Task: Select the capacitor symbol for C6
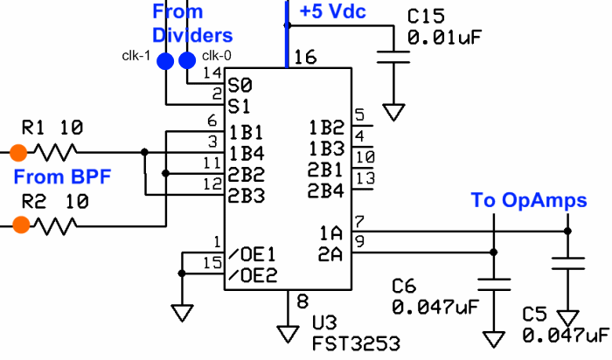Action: click(x=494, y=284)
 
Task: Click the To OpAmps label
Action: click(x=529, y=201)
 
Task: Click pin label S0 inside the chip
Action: click(x=240, y=86)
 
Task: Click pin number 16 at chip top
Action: click(x=305, y=58)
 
